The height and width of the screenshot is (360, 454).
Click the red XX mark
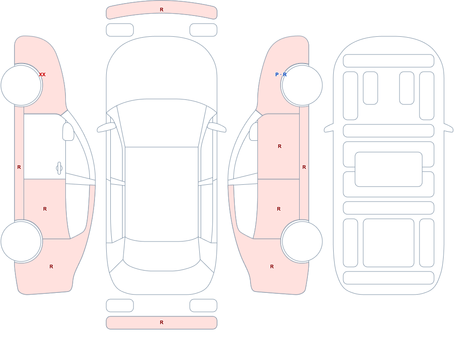coord(42,74)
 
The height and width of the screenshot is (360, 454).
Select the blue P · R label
coord(281,74)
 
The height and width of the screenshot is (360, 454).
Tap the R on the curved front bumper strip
coord(162,10)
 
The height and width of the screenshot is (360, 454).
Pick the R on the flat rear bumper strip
coord(162,322)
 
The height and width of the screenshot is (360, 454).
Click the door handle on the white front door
coord(59,168)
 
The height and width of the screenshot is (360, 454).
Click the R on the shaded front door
coord(279,146)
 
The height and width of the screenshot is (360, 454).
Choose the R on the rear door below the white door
coord(45,209)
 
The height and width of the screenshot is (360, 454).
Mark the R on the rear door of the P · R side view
coord(279,209)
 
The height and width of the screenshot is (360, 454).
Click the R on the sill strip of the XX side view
coord(19,167)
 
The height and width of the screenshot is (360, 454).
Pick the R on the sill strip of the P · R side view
coord(304,167)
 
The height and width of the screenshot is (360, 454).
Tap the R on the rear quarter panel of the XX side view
coord(51,266)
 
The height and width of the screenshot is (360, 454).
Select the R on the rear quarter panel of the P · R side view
coord(272,266)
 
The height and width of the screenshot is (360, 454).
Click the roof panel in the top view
coord(162,194)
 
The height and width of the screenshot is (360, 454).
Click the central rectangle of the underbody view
coord(389,169)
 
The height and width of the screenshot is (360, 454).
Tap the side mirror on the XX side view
coord(69,132)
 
